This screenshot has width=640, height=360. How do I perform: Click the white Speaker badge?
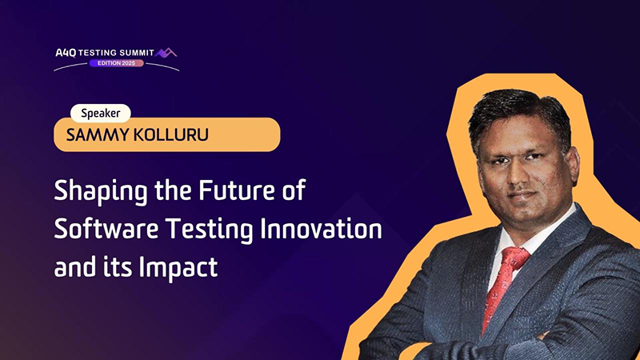(x=101, y=113)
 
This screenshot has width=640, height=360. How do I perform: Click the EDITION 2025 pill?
(x=116, y=63)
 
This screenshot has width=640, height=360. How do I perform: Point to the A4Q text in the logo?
(x=66, y=53)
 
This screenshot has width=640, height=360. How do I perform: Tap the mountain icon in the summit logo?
(x=166, y=53)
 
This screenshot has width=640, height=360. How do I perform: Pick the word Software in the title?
(x=106, y=228)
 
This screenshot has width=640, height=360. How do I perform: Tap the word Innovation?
(x=322, y=228)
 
